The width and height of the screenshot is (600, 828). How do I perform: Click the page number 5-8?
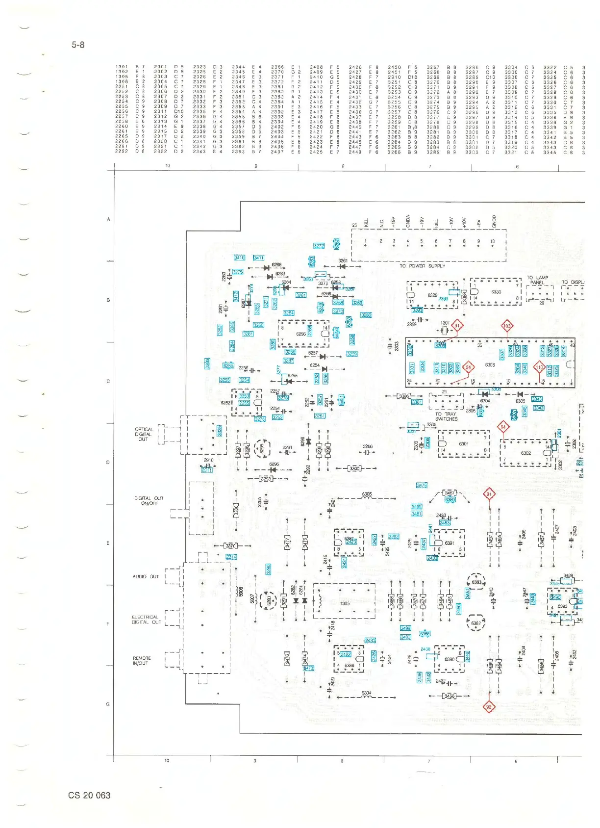pyautogui.click(x=78, y=45)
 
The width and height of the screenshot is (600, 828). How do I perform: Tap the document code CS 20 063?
pyautogui.click(x=89, y=795)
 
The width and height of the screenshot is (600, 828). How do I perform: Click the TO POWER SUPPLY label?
pyautogui.click(x=422, y=266)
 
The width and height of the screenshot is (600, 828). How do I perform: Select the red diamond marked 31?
pyautogui.click(x=457, y=325)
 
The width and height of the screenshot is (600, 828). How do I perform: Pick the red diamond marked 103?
pyautogui.click(x=507, y=326)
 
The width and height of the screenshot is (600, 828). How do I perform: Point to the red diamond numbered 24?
pyautogui.click(x=468, y=367)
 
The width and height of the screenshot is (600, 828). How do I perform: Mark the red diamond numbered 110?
pyautogui.click(x=539, y=367)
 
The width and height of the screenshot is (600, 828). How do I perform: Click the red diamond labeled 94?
pyautogui.click(x=503, y=427)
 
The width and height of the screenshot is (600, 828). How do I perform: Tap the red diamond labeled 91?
pyautogui.click(x=489, y=494)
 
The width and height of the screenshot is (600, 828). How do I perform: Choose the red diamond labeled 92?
pyautogui.click(x=489, y=707)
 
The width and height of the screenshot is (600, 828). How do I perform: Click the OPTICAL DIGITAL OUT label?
pyautogui.click(x=144, y=434)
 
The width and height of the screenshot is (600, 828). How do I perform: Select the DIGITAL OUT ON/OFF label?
pyautogui.click(x=149, y=500)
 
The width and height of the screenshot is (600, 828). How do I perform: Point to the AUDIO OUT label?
pyautogui.click(x=146, y=576)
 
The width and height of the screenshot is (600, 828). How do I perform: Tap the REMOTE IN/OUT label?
pyautogui.click(x=142, y=661)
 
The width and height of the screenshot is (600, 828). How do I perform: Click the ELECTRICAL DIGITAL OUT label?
pyautogui.click(x=146, y=620)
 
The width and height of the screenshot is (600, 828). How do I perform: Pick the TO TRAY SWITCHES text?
pyautogui.click(x=446, y=416)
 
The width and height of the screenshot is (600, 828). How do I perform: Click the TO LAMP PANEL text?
pyautogui.click(x=537, y=280)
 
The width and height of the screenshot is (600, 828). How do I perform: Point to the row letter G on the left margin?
pyautogui.click(x=108, y=704)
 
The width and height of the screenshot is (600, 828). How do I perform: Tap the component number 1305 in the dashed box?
pyautogui.click(x=345, y=603)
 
